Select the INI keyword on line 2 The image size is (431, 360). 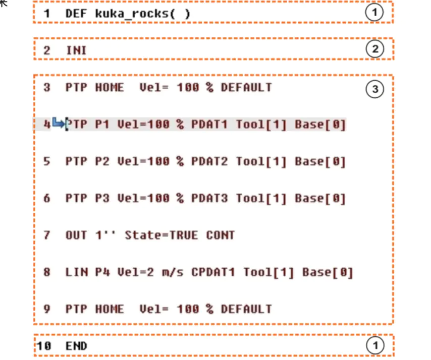pos(76,50)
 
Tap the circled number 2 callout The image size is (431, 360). pos(374,49)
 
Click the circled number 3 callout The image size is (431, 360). pos(374,90)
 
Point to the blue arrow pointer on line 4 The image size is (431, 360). pos(59,123)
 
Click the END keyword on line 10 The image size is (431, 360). pos(76,346)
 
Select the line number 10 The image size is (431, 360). pos(43,346)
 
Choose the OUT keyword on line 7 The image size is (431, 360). pos(76,235)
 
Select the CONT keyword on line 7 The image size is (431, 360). pos(221,235)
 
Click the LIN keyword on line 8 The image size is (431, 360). pos(76,272)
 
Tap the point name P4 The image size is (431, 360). pos(102,272)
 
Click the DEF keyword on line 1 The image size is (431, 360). pos(76,14)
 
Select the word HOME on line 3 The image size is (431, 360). pos(110,87)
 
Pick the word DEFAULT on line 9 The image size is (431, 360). pos(246,309)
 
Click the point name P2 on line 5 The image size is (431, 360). pos(102,161)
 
